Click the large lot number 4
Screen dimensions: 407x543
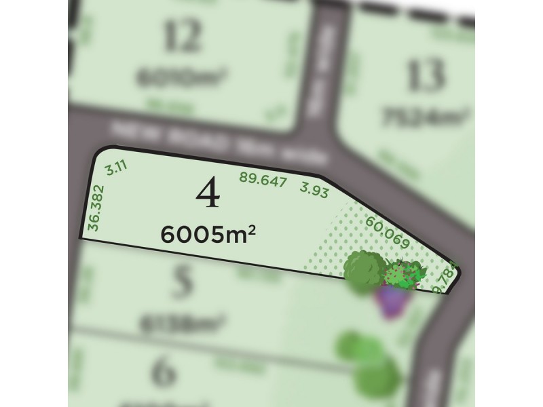point(208,195)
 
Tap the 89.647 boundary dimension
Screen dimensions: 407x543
point(263,180)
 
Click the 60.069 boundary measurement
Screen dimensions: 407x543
point(387,231)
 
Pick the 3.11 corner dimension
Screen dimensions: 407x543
point(114,168)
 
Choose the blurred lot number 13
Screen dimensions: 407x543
point(426,75)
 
